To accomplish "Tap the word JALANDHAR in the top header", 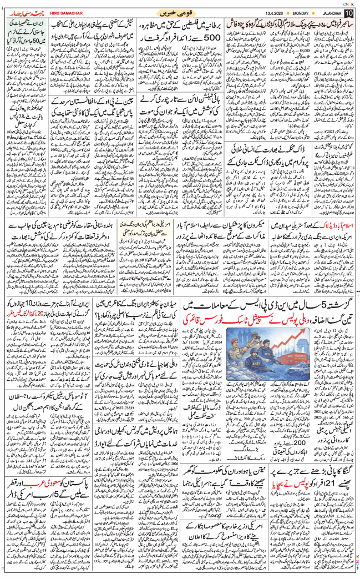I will (x=323, y=13).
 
